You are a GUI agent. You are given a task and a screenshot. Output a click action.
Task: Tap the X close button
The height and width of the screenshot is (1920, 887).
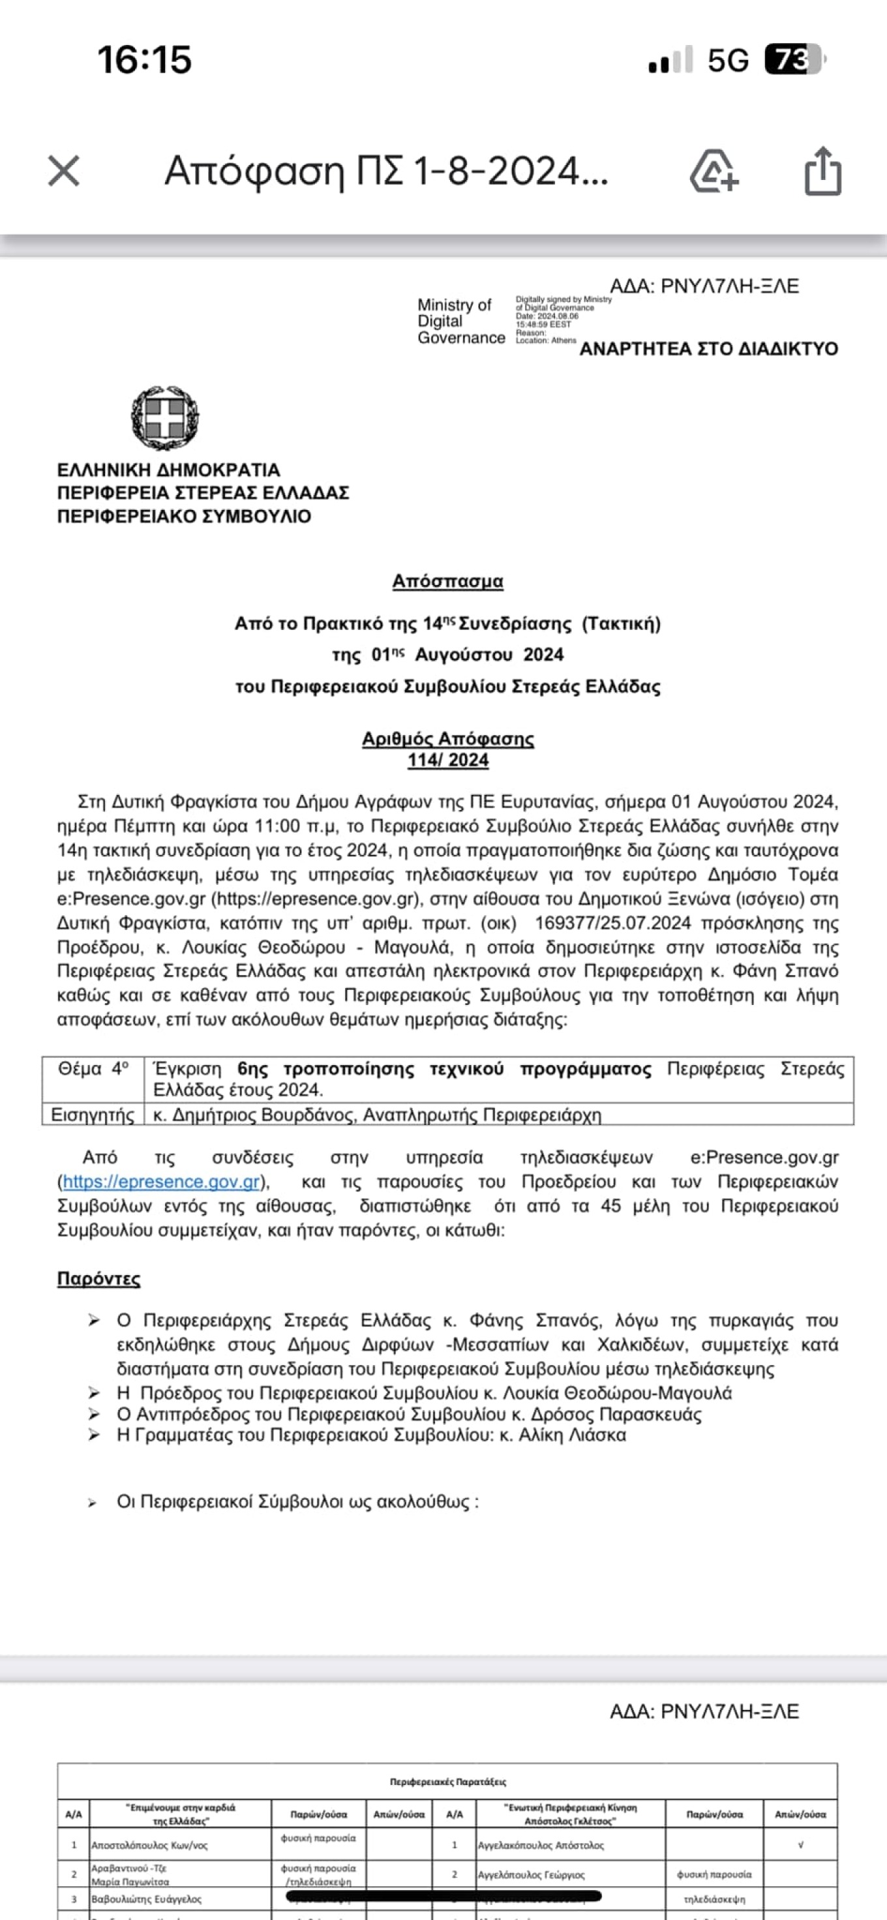point(63,171)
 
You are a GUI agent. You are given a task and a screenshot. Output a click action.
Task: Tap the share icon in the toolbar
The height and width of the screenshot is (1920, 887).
point(823,172)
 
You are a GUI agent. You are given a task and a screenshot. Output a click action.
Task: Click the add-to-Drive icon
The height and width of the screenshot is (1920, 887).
point(714,172)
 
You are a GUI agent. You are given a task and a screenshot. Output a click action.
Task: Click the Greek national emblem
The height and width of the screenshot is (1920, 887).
point(165,417)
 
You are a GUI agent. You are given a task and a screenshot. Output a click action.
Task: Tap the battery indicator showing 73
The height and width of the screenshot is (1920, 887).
point(794,59)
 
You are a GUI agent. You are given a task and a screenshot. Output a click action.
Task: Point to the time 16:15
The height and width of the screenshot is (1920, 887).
point(145,59)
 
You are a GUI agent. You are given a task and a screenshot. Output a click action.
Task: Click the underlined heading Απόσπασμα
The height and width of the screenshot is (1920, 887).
point(447,581)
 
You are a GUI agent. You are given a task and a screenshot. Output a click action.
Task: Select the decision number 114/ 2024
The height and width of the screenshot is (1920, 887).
point(447,760)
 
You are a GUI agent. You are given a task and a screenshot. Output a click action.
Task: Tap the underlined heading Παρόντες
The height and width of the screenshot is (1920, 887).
point(98,1279)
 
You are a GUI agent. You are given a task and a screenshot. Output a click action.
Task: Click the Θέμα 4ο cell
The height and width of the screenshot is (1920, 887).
point(93,1070)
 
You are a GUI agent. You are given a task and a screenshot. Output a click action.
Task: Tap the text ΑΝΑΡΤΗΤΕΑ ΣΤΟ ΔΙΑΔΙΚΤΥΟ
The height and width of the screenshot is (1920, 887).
point(708,349)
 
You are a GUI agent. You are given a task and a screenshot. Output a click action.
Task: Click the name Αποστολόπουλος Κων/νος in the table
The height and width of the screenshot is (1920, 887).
point(149,1846)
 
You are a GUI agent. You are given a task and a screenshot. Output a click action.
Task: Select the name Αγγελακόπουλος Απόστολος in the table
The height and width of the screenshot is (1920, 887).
point(541,1846)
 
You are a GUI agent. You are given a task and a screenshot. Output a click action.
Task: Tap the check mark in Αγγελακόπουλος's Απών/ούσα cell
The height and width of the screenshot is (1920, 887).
point(800,1845)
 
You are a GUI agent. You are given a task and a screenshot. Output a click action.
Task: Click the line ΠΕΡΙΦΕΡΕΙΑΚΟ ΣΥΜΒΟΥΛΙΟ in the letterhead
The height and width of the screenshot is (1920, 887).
point(184,516)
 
